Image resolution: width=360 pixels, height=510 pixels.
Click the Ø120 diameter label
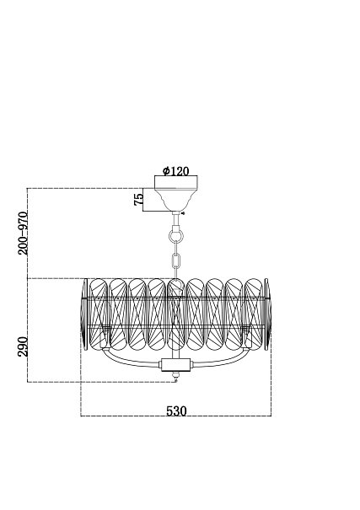point(175,171)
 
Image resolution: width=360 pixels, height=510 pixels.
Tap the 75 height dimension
point(138,199)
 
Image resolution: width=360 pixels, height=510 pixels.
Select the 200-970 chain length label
point(23,233)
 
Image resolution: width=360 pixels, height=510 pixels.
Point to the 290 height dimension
point(23,346)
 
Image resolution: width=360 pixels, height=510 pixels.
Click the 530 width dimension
point(176,411)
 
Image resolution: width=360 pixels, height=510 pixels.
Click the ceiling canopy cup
point(175,194)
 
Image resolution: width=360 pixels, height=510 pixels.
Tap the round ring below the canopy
point(176,235)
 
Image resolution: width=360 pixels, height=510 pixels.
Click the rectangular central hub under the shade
point(175,365)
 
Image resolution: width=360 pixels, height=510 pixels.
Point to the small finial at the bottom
point(176,377)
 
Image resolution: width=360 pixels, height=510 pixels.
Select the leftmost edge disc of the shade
point(84,314)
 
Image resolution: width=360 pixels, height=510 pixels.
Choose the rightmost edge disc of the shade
point(267,314)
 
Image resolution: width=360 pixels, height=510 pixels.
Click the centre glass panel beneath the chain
point(176,314)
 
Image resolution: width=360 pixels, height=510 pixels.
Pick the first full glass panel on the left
point(99,314)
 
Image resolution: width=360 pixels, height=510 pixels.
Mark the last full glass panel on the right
point(253,314)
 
